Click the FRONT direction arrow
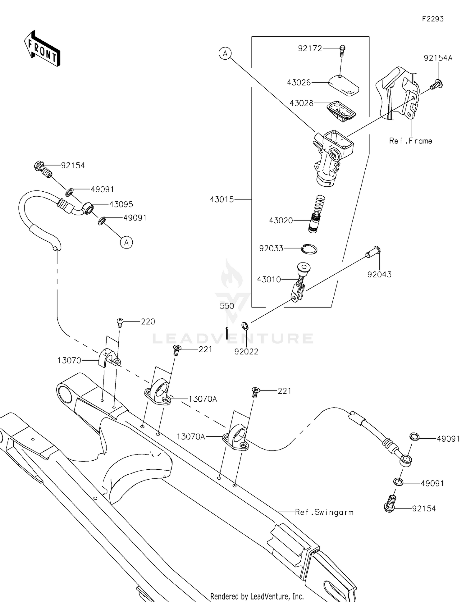tap(42, 49)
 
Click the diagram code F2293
tap(432, 19)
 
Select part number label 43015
tap(222, 199)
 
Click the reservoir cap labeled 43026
tap(344, 84)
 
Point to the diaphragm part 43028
tap(341, 110)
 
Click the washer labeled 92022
tap(245, 326)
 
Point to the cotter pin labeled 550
tap(227, 333)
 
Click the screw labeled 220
tap(120, 322)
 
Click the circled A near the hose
tap(126, 242)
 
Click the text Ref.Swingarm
tap(324, 512)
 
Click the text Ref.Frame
tap(410, 141)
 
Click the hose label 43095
tap(121, 204)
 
